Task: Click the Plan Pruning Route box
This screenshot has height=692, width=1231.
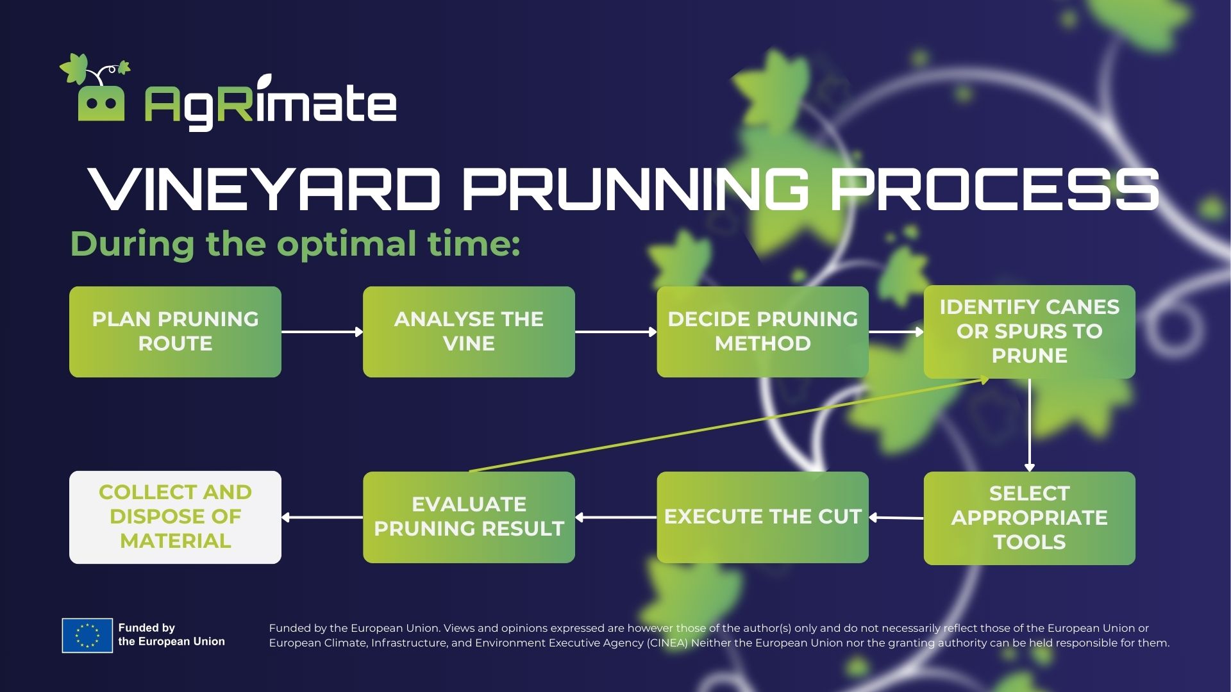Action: (x=175, y=331)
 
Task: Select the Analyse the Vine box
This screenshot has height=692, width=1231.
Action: (x=469, y=331)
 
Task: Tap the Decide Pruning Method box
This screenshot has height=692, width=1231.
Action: (x=762, y=331)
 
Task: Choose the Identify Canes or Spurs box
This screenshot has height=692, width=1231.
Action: (x=1029, y=331)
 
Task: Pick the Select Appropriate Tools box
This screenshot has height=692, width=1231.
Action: (x=1029, y=518)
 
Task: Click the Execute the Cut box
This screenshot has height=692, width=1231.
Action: (x=762, y=517)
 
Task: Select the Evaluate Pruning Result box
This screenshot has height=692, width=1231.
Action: (x=469, y=517)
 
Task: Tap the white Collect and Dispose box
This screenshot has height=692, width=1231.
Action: (x=175, y=517)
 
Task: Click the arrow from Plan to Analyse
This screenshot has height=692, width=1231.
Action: (x=322, y=331)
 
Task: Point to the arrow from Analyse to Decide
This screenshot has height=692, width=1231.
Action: (x=616, y=331)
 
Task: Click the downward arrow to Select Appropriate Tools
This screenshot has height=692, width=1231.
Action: (x=1030, y=425)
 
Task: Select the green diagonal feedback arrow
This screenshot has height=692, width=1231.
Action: (x=729, y=425)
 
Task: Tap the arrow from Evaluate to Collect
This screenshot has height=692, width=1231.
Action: (x=322, y=517)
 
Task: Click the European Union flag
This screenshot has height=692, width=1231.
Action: (x=87, y=636)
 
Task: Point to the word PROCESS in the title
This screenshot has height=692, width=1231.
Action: (x=994, y=189)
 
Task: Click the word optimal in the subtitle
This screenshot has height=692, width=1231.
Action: (x=346, y=245)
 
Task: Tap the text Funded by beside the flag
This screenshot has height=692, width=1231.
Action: (x=147, y=628)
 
